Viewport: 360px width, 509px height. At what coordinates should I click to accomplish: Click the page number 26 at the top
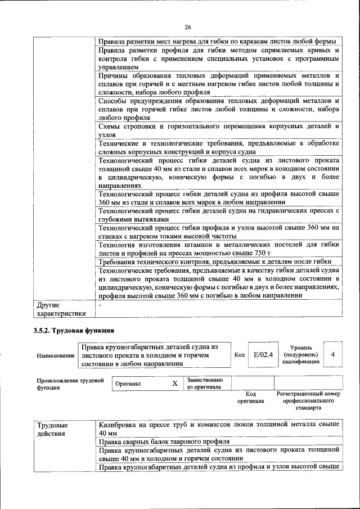(188, 26)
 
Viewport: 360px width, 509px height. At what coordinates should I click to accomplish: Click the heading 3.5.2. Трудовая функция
(73, 330)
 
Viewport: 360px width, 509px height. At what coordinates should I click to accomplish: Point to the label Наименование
(55, 355)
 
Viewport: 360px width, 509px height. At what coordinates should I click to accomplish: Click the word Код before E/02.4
(238, 355)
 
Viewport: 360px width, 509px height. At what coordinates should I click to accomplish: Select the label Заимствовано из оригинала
(205, 383)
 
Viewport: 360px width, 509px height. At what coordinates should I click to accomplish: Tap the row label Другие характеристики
(61, 309)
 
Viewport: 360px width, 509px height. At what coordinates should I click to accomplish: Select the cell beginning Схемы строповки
(218, 131)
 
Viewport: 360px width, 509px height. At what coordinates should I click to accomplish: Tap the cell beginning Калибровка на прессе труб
(218, 429)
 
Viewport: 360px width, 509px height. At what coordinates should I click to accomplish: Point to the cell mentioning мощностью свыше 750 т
(218, 249)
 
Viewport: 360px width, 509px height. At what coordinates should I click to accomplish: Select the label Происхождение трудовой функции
(70, 384)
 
